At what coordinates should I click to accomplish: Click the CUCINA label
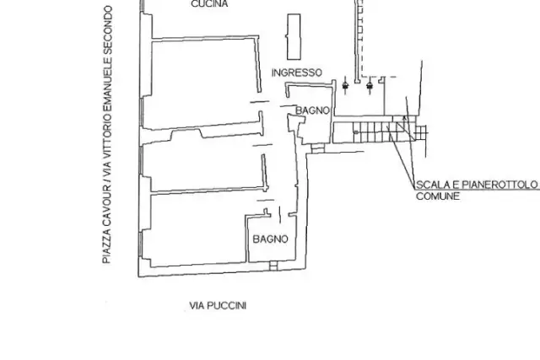pyautogui.click(x=209, y=3)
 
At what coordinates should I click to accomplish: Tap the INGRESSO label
pyautogui.click(x=297, y=73)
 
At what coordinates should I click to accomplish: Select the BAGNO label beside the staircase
pyautogui.click(x=313, y=110)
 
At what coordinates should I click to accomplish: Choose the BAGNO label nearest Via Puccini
pyautogui.click(x=270, y=239)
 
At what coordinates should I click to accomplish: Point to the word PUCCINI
pyautogui.click(x=227, y=306)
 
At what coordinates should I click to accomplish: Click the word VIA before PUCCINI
pyautogui.click(x=197, y=306)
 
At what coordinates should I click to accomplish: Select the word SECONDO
pyautogui.click(x=107, y=30)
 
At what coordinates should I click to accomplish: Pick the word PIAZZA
pyautogui.click(x=107, y=246)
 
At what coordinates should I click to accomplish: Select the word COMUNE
pyautogui.click(x=438, y=196)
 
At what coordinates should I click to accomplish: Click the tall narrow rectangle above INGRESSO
pyautogui.click(x=294, y=37)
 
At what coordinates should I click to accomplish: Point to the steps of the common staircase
pyautogui.click(x=375, y=132)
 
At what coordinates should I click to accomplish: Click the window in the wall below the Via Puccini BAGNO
pyautogui.click(x=273, y=266)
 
